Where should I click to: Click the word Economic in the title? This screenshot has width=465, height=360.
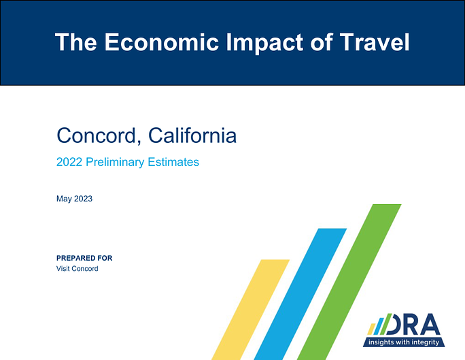tap(162, 42)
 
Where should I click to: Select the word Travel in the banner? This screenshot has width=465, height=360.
tap(375, 42)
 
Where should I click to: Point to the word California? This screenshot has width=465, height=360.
tap(192, 135)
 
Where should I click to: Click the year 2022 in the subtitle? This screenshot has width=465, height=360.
tap(69, 162)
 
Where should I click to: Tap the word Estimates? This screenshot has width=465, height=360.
tap(173, 162)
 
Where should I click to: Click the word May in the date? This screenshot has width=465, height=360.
tap(64, 199)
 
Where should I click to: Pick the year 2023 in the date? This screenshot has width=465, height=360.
tap(84, 199)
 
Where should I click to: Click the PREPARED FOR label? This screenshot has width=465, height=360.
tap(84, 258)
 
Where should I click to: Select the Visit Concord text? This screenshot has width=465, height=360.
tap(77, 269)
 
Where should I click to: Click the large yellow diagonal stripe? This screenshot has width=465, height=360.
tap(251, 310)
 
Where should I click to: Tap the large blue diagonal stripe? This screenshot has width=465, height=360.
tap(300, 294)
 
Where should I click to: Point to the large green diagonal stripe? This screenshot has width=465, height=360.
tap(349, 282)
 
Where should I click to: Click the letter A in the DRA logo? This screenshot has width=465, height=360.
tap(430, 325)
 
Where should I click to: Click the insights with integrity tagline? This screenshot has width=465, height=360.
tap(404, 342)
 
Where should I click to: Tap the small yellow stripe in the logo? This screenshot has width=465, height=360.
tap(371, 329)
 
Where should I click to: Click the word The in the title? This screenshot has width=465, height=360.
tap(76, 42)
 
